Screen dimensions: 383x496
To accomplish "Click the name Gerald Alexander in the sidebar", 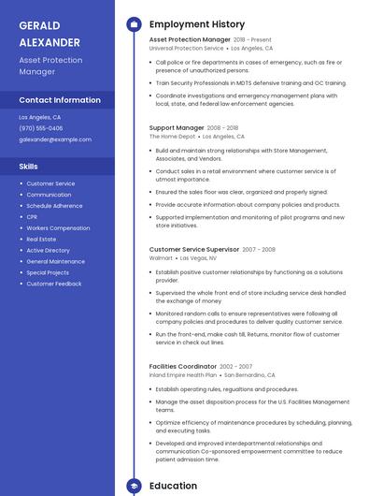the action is pyautogui.click(x=50, y=34).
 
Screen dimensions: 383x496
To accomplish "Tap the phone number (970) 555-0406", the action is pyautogui.click(x=41, y=128).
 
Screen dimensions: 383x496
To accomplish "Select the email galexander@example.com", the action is pyautogui.click(x=55, y=139).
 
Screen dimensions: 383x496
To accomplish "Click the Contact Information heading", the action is pyautogui.click(x=60, y=100).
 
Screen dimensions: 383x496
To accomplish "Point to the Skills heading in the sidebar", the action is pyautogui.click(x=28, y=166).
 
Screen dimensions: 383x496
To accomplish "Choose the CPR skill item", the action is pyautogui.click(x=32, y=215).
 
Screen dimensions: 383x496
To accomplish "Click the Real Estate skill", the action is pyautogui.click(x=41, y=239).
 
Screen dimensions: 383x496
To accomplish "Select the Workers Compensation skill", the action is pyautogui.click(x=58, y=227).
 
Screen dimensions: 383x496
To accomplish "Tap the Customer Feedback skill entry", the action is pyautogui.click(x=54, y=284).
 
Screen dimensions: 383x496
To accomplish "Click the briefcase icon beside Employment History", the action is pyautogui.click(x=133, y=24).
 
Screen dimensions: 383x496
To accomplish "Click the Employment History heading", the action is pyautogui.click(x=197, y=24).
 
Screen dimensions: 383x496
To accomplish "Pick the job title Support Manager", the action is pyautogui.click(x=177, y=127).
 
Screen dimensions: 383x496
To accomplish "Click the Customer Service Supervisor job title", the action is pyautogui.click(x=194, y=250).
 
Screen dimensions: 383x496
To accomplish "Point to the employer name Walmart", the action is pyautogui.click(x=161, y=257).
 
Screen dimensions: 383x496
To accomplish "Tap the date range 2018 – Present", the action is pyautogui.click(x=252, y=40).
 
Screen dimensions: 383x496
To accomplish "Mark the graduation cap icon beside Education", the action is pyautogui.click(x=133, y=487).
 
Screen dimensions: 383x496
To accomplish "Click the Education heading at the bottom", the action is pyautogui.click(x=173, y=487).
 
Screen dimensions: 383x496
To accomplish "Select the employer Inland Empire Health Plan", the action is pyautogui.click(x=183, y=374).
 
